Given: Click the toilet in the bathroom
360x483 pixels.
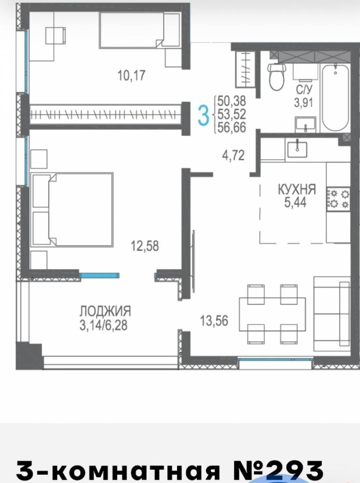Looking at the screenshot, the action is (277, 77).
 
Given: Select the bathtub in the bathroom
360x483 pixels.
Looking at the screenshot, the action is (335, 98).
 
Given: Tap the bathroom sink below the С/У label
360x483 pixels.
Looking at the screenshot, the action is (305, 125).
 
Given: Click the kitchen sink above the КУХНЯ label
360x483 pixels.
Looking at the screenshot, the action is (297, 149).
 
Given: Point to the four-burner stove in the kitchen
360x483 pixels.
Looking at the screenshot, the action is (338, 199).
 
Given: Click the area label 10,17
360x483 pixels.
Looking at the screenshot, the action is (131, 75).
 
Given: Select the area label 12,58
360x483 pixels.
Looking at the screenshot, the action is (145, 246).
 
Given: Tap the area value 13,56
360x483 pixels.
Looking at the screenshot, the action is (214, 321).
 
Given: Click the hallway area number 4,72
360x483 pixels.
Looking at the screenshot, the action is (234, 155).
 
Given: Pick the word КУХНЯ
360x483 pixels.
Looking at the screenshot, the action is (297, 189).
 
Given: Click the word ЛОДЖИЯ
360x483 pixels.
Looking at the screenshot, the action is (105, 312).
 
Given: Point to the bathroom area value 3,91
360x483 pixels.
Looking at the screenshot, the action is (304, 102).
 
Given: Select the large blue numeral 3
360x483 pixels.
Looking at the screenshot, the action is (203, 114).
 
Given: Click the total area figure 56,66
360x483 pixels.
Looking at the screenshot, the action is (232, 128).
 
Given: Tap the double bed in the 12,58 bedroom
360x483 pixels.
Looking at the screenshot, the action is (72, 210).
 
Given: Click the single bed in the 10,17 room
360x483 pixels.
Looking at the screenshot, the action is (140, 30).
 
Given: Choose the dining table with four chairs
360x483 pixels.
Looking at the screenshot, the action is (272, 314).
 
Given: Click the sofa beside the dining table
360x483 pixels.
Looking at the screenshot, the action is (332, 314).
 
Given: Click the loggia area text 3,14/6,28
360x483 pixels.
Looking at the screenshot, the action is (103, 326).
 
